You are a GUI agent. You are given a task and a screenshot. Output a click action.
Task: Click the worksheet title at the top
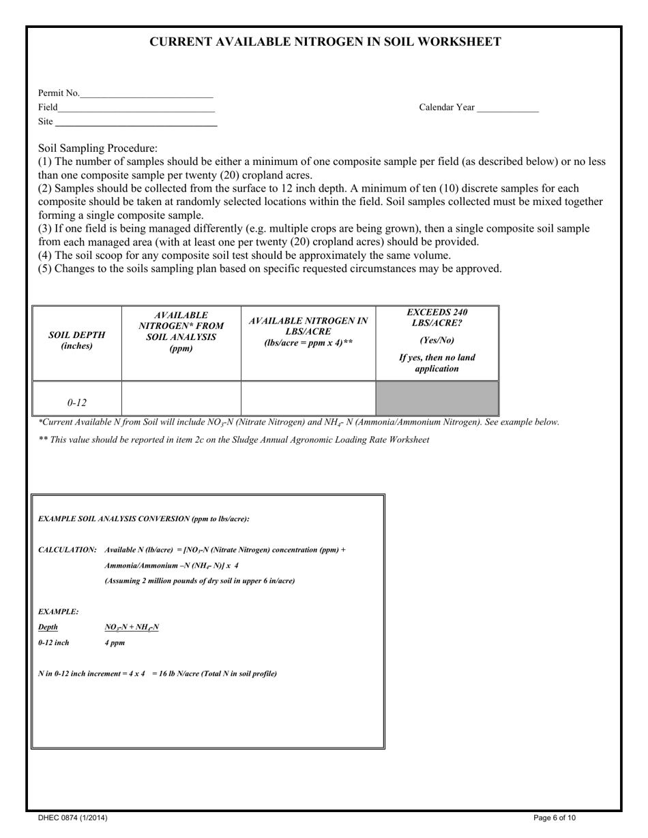[325, 42]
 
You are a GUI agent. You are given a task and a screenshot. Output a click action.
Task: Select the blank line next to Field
[136, 108]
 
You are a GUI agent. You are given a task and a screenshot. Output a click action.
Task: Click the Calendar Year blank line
[507, 108]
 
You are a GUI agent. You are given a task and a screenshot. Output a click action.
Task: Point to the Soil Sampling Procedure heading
[98, 148]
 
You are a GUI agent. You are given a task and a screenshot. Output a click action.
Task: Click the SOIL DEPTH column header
[76, 341]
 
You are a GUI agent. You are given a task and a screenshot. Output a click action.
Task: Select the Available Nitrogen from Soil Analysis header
[181, 332]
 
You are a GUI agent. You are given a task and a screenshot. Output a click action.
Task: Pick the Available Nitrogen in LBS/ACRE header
[308, 332]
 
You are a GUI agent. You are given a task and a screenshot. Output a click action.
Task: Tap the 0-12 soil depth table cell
[76, 402]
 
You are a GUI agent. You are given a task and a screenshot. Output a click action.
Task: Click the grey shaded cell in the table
[437, 399]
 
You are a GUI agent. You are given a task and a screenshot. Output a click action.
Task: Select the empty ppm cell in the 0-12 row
[181, 399]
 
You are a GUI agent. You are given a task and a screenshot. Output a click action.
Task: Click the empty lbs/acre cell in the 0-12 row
[308, 399]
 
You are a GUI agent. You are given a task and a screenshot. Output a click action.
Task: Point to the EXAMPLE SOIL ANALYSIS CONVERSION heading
[143, 519]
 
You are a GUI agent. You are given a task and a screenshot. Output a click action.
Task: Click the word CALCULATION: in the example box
[67, 550]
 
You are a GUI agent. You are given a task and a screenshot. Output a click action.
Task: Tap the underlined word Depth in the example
[48, 627]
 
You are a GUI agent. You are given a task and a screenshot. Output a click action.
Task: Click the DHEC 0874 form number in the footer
[72, 818]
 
